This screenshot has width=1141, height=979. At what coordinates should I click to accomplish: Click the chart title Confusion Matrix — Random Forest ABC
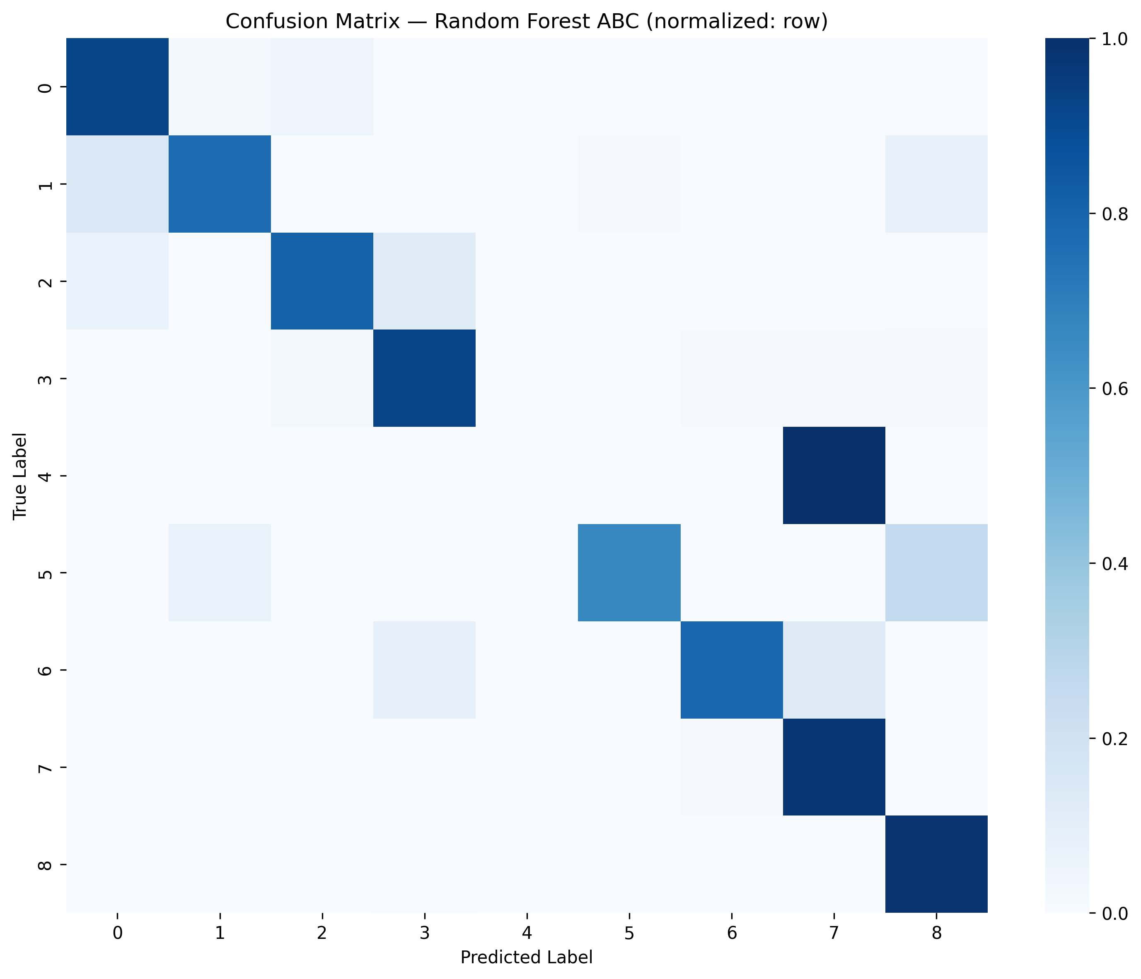(527, 22)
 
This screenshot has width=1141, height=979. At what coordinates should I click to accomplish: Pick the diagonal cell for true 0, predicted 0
(117, 87)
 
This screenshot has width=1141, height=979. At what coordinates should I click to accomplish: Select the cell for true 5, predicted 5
(629, 573)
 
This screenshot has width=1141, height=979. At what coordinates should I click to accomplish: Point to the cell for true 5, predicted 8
(936, 573)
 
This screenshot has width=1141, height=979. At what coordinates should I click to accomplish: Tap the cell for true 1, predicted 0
(117, 184)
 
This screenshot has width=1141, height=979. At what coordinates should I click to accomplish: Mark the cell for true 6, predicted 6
(731, 670)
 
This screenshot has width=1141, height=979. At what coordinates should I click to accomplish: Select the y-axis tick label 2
(47, 281)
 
